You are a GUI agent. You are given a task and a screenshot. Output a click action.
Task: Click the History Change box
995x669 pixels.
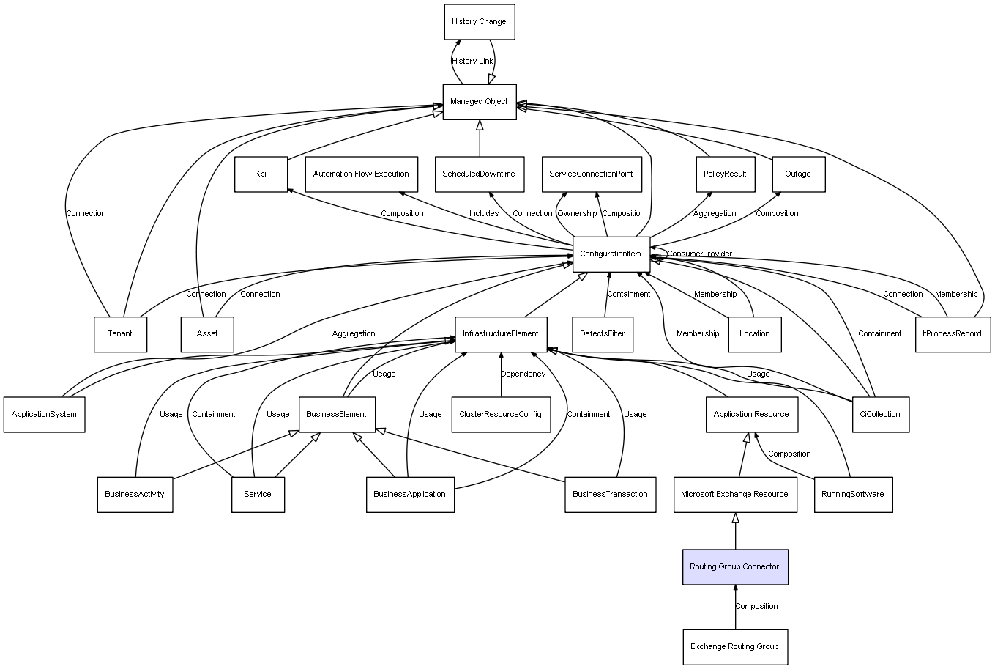pyautogui.click(x=480, y=22)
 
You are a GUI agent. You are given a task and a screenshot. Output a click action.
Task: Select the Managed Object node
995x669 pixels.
pyautogui.click(x=480, y=102)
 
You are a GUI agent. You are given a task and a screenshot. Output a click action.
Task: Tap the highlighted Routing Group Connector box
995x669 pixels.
pyautogui.click(x=735, y=566)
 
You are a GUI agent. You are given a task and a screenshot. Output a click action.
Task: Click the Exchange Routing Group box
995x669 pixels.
pyautogui.click(x=735, y=647)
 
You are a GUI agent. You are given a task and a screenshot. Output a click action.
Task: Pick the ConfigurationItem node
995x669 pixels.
pyautogui.click(x=611, y=254)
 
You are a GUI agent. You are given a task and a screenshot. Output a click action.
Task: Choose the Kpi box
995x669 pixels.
pyautogui.click(x=261, y=174)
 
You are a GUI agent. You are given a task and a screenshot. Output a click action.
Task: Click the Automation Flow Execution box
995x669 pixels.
pyautogui.click(x=362, y=174)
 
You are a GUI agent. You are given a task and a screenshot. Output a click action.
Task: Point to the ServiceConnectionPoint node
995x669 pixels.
pyautogui.click(x=592, y=174)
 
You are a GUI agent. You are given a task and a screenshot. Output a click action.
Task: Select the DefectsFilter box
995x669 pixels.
pyautogui.click(x=603, y=334)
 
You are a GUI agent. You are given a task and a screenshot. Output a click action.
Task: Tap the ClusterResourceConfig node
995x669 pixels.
pyautogui.click(x=501, y=414)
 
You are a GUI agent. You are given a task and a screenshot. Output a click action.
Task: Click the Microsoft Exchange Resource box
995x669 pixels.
pyautogui.click(x=735, y=495)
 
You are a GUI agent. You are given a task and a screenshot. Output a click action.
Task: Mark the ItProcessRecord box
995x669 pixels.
pyautogui.click(x=953, y=334)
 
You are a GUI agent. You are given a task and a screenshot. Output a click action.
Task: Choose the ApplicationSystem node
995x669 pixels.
pyautogui.click(x=45, y=414)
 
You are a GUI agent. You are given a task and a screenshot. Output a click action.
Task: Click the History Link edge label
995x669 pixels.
pyautogui.click(x=472, y=62)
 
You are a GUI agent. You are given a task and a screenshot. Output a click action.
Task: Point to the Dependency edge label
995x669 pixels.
pyautogui.click(x=523, y=374)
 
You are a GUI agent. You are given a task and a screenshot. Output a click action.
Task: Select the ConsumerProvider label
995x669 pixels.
pyautogui.click(x=700, y=254)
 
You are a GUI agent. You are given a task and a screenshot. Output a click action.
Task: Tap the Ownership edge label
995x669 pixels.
pyautogui.click(x=577, y=213)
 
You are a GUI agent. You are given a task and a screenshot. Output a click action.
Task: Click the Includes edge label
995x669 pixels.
pyautogui.click(x=484, y=213)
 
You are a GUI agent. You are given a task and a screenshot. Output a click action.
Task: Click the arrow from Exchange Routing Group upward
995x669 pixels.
pyautogui.click(x=735, y=607)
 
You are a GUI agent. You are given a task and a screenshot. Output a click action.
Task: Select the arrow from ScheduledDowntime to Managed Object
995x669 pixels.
pyautogui.click(x=480, y=138)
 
